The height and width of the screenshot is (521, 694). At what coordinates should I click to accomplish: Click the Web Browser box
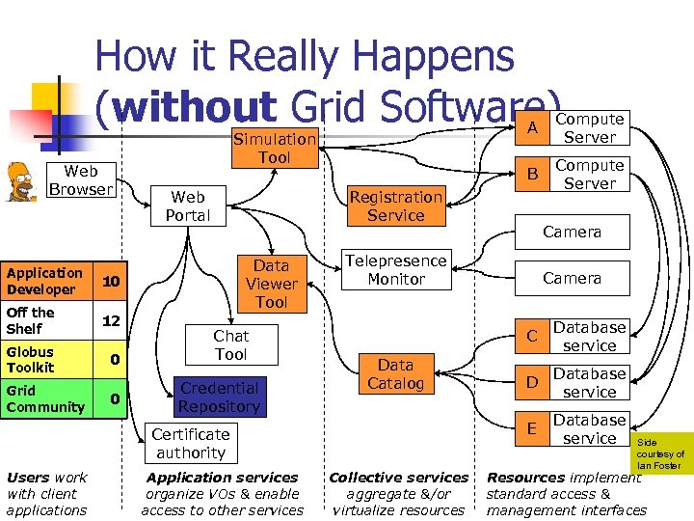coord(81,180)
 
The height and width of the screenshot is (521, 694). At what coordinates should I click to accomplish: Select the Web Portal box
coord(187,206)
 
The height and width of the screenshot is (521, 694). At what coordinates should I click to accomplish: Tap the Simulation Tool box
coord(275,148)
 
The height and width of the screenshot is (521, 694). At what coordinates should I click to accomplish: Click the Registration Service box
coord(395,206)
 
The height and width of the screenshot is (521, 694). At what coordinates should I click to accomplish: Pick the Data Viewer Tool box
coord(271,284)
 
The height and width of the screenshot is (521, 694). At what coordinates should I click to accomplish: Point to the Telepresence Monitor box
coord(395,269)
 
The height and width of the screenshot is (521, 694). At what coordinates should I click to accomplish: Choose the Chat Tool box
coord(230,344)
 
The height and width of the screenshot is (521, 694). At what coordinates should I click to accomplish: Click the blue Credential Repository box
coord(219,398)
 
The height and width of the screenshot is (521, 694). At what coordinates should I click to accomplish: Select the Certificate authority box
coord(191,443)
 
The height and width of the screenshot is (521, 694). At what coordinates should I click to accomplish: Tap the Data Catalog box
coord(395,374)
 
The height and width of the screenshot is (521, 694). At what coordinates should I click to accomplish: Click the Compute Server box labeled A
coord(589,127)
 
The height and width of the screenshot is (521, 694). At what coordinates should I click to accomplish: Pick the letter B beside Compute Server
coord(531,175)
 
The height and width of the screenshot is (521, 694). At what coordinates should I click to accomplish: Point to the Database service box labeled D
coord(589,383)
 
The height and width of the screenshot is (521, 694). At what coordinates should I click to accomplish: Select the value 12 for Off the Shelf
coord(111,320)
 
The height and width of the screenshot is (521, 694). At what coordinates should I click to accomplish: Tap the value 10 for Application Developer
coord(111,281)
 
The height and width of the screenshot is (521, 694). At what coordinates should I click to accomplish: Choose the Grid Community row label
coord(45,398)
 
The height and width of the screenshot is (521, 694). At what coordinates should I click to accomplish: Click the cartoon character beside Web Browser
coord(20,177)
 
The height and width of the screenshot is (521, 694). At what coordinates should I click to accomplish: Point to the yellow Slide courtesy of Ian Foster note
coord(660,453)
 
